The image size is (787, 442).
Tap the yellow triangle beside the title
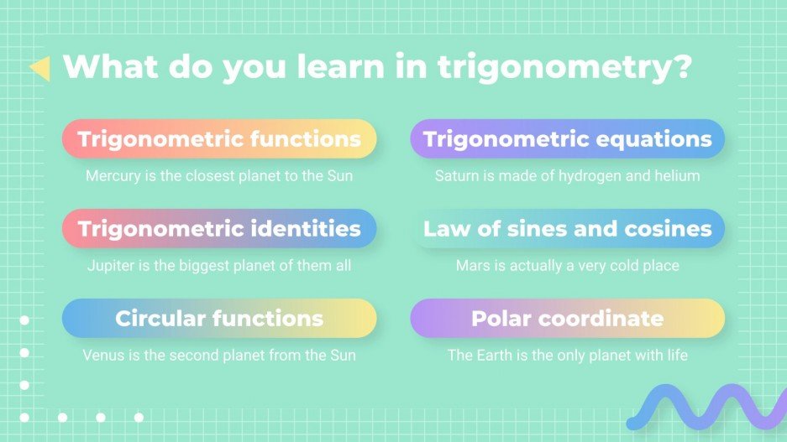click(x=39, y=69)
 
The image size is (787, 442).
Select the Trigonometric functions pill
click(x=219, y=138)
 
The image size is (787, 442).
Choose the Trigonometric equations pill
click(x=567, y=138)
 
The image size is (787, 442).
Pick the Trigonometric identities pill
click(x=219, y=228)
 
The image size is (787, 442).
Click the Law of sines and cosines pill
click(x=567, y=228)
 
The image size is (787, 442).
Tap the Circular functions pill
click(x=219, y=318)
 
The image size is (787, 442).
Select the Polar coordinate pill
click(x=567, y=318)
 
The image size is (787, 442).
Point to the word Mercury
click(x=112, y=176)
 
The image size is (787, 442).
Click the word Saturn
click(x=456, y=176)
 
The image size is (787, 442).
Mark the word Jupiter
click(x=110, y=266)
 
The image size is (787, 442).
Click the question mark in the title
click(x=680, y=67)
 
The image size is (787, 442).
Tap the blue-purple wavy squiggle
click(x=706, y=408)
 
